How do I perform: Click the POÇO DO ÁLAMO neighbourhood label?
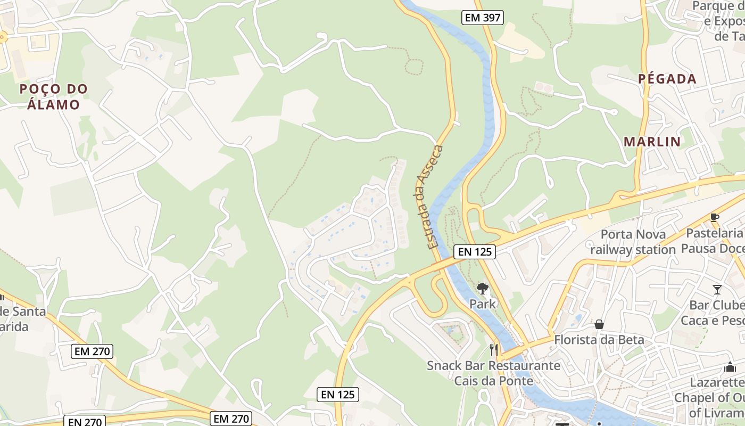point(53,96)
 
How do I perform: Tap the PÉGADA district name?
point(667,79)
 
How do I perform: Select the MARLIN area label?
point(652,142)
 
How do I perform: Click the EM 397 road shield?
point(482,18)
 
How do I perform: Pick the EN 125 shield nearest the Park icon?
point(475,251)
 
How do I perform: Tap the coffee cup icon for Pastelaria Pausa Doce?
point(714,217)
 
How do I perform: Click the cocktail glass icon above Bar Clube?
point(717,289)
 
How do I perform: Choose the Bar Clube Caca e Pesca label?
point(713,313)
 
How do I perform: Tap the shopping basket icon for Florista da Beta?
point(599,324)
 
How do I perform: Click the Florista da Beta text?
point(599,340)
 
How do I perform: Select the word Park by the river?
point(483,304)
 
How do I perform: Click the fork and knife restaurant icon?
point(494,350)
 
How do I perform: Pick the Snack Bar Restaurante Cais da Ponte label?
point(493,373)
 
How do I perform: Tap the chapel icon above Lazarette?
point(730,367)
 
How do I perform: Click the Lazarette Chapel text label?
point(710,397)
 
